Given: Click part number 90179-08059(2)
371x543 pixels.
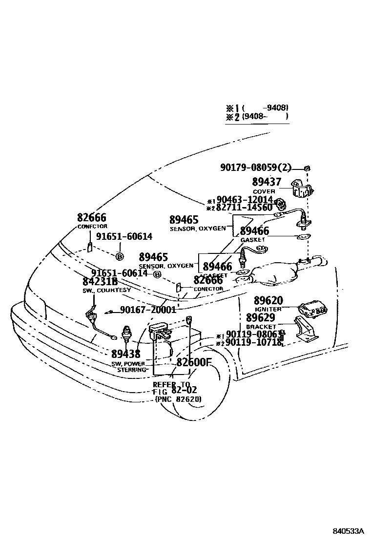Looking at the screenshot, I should click(x=255, y=168).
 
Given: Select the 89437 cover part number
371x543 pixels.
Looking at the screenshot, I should click(x=267, y=183).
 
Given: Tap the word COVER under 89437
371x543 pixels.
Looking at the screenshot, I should click(x=264, y=191).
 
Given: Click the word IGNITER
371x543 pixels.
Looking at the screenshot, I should click(x=268, y=309).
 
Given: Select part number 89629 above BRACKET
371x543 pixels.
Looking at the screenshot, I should click(x=260, y=318).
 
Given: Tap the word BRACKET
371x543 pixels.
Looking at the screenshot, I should click(x=261, y=327).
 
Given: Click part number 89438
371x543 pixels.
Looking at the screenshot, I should click(x=125, y=354).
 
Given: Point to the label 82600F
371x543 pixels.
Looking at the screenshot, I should click(x=194, y=362).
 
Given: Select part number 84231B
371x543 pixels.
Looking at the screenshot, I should click(x=100, y=282).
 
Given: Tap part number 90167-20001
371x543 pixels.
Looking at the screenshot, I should click(x=147, y=310).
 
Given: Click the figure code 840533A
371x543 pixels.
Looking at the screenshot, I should click(x=349, y=531).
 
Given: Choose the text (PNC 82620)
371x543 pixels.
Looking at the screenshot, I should click(x=178, y=399).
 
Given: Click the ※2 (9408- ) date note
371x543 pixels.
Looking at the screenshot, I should click(x=257, y=117).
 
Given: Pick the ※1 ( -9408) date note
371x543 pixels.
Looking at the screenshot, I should click(x=257, y=107).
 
